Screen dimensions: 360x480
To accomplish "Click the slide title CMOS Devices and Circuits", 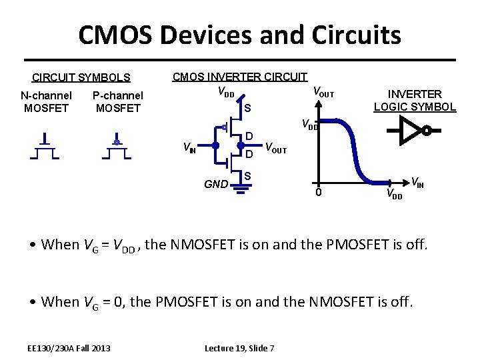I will (239, 35).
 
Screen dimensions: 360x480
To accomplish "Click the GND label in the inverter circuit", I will (215, 184).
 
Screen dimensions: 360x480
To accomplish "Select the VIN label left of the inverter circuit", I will (190, 147).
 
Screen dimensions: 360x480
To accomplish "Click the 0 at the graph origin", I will (318, 193).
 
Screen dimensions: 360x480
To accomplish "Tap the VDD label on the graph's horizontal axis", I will (394, 195).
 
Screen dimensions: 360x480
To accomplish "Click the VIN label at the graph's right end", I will (417, 181).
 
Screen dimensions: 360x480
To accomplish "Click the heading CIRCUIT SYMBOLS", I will (81, 78).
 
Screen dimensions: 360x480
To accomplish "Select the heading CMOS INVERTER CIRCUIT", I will (240, 77).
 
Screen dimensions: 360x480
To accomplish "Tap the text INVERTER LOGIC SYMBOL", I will (415, 100).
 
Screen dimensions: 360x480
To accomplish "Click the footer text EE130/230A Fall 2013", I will (69, 348).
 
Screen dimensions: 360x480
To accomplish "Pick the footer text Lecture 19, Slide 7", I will (239, 348).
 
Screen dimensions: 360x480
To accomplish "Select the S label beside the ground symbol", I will (247, 176).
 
